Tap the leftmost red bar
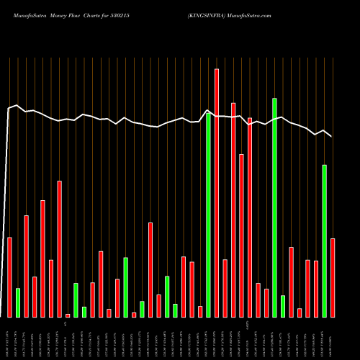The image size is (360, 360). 9,277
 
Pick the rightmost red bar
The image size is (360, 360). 333,278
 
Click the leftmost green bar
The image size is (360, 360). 18,302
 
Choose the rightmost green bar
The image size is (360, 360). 324,241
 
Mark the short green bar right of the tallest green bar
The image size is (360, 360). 283,306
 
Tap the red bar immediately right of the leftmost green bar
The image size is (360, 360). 27,266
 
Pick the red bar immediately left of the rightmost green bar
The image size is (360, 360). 316,289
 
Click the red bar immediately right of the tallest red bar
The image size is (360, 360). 225,288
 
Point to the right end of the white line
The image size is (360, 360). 332,136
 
